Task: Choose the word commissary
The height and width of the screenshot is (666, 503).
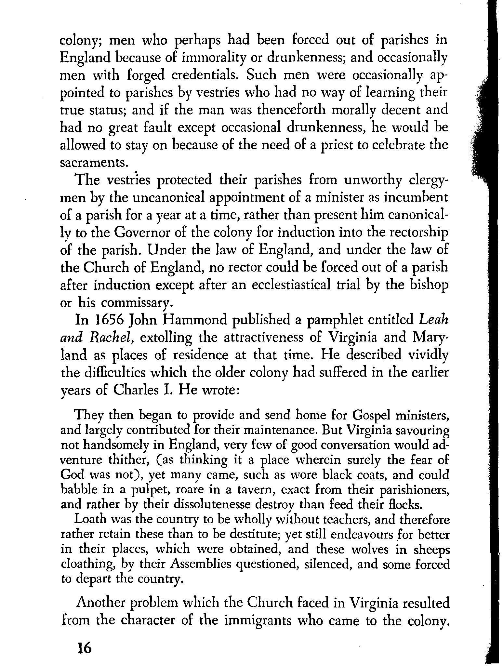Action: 135,303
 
